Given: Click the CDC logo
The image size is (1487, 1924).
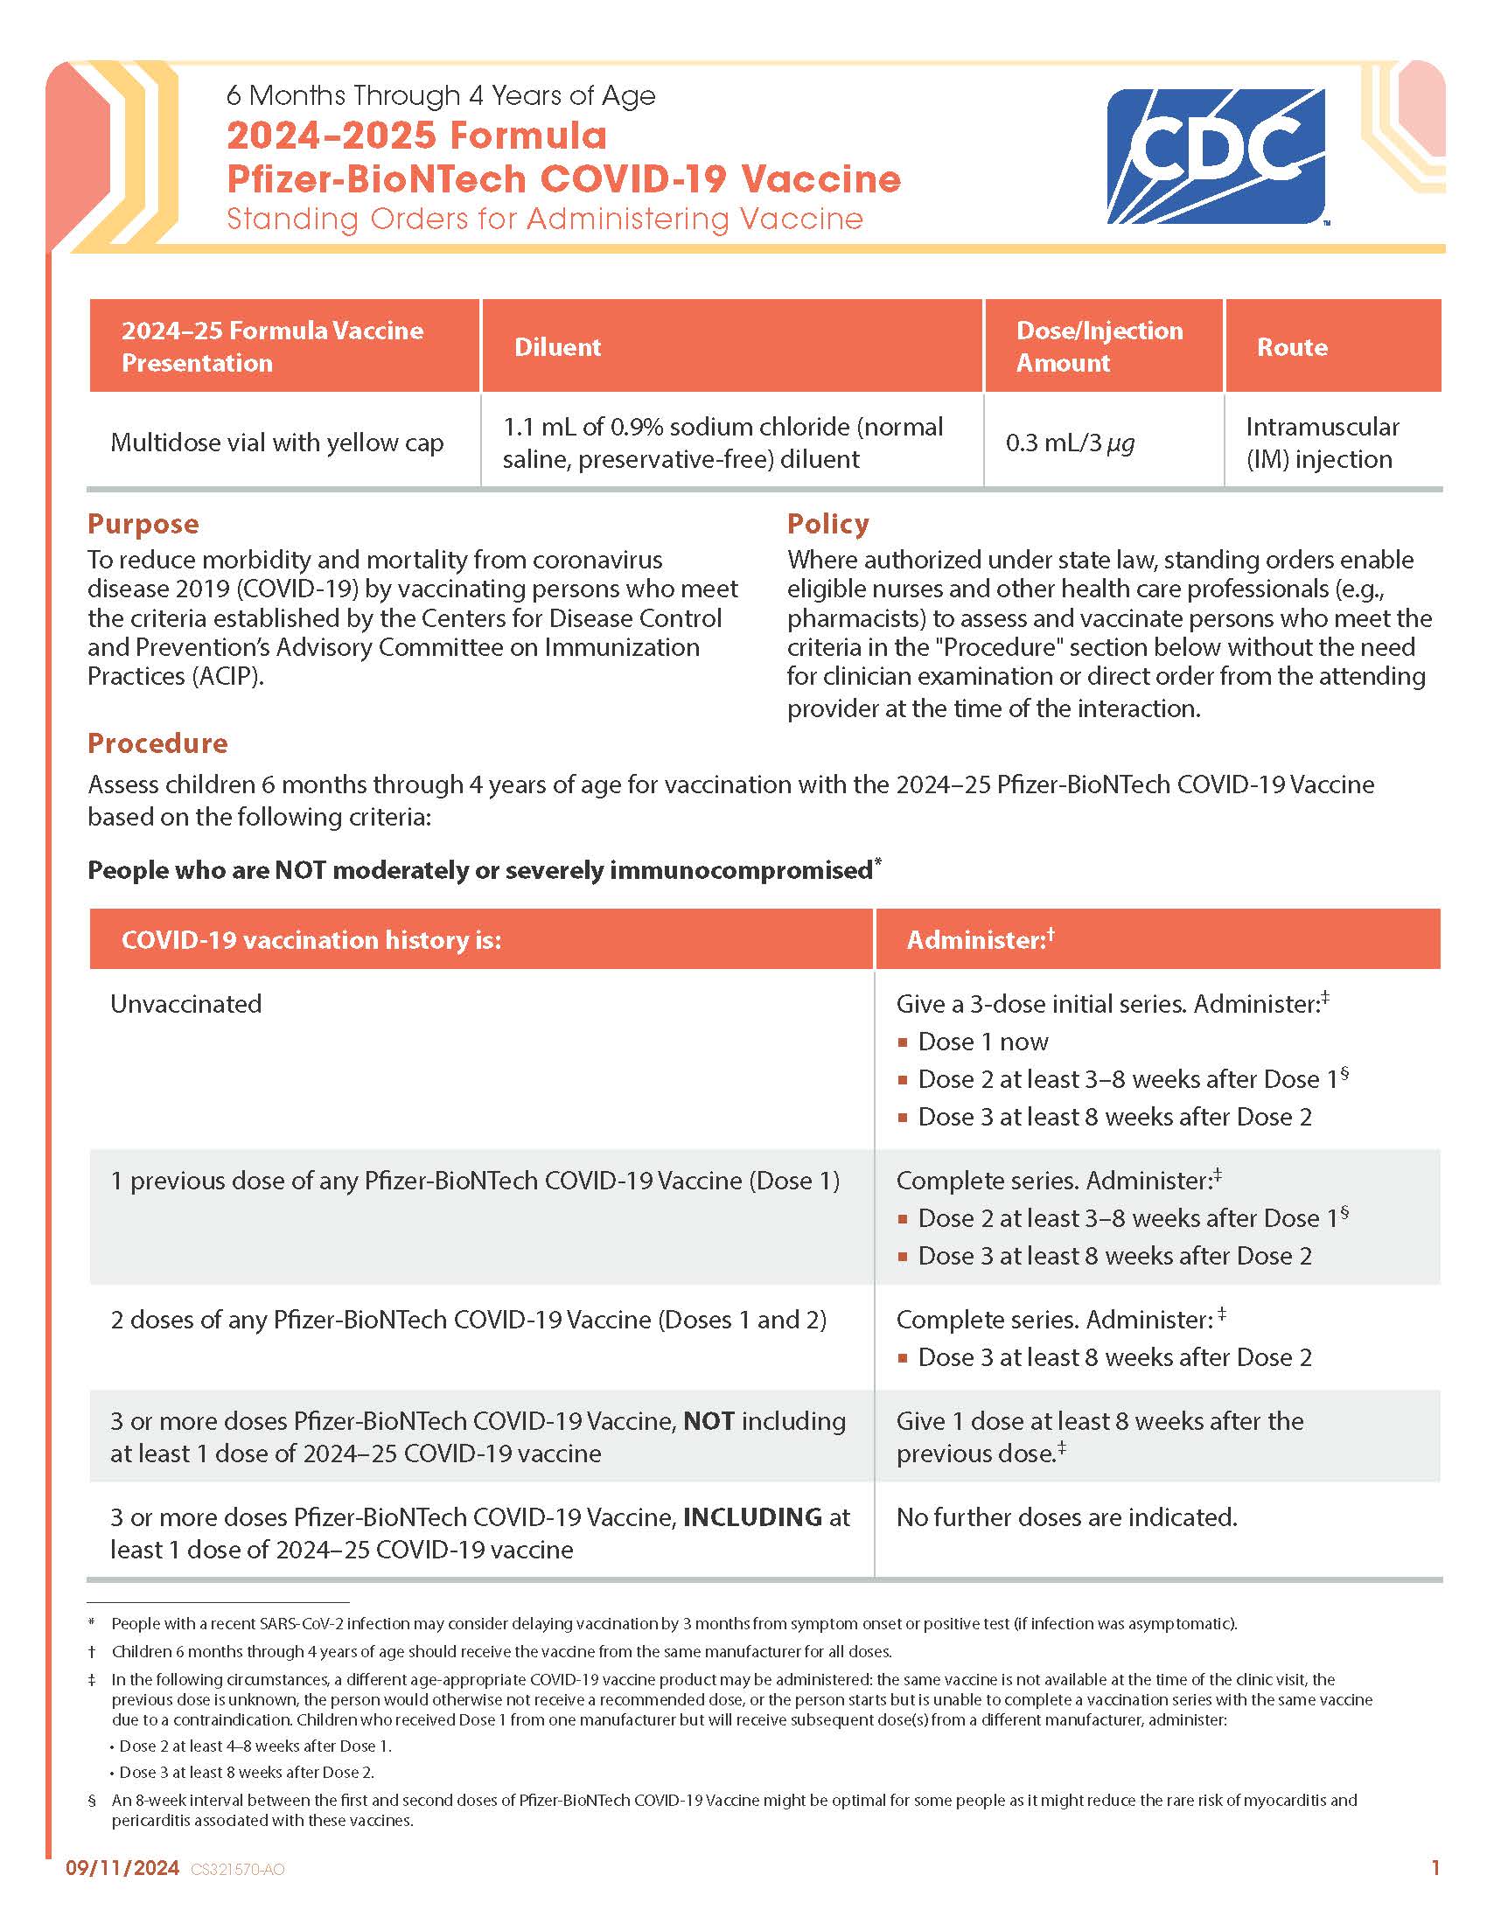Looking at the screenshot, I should tap(1215, 156).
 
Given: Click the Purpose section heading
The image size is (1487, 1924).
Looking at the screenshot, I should tap(143, 524).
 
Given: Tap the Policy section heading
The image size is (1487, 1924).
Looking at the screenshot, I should tap(827, 524).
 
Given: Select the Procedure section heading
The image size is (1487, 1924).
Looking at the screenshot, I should tap(157, 743).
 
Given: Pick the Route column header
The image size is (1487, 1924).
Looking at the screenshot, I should tap(1291, 347).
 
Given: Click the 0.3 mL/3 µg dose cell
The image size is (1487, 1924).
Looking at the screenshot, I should tap(1070, 443).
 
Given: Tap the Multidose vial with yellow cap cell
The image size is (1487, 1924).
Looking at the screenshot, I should tap(276, 443).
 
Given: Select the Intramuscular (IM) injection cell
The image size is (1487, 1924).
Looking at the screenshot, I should tap(1322, 443).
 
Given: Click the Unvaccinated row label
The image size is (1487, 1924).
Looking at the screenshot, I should tap(185, 1004).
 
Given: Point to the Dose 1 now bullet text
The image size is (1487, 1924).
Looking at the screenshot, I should tap(983, 1042).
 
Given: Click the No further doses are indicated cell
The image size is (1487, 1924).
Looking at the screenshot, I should tap(1067, 1517).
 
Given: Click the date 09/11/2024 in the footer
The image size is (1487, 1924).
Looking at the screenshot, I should tap(122, 1868).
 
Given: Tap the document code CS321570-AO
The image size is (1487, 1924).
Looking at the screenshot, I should tap(238, 1870).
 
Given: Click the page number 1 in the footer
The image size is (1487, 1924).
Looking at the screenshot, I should tap(1435, 1867).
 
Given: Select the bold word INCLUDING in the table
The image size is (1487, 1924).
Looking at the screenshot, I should tap(752, 1517).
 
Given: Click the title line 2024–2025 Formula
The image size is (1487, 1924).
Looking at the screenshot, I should tap(416, 136).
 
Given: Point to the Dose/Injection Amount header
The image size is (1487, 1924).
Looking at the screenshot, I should tap(1100, 346).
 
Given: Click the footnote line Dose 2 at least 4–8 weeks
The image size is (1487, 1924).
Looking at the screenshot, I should tap(255, 1746).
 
